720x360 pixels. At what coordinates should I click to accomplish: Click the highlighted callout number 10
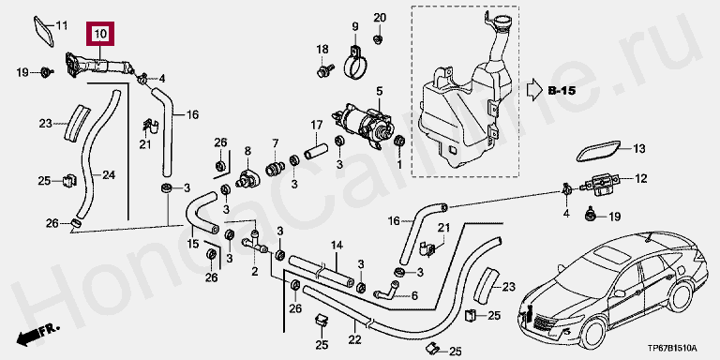100,34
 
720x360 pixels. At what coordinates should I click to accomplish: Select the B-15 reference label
562,90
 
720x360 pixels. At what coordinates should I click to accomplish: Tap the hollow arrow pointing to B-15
534,90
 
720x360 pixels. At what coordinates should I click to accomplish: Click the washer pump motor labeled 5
363,124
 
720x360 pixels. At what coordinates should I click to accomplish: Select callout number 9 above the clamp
355,26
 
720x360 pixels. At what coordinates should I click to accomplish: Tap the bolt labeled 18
323,71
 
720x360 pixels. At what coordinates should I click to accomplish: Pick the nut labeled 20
378,39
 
